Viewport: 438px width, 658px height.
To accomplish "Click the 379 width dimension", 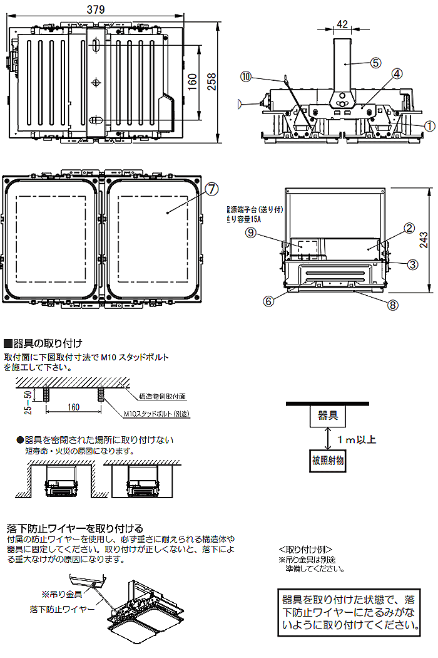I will pos(96,9).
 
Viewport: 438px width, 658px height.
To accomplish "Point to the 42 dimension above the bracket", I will pos(342,24).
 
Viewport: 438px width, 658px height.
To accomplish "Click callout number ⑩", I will pos(246,76).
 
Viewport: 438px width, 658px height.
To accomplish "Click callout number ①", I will pos(429,125).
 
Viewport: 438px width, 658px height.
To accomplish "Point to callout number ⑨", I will pos(250,232).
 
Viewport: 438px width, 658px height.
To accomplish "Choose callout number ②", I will pos(409,228).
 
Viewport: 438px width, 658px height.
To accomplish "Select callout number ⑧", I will pos(393,306).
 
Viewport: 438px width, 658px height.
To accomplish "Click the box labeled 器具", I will pos(328,415).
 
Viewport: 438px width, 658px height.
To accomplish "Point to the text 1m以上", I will pos(357,439).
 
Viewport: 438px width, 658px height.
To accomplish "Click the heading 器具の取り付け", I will pos(44,343).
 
